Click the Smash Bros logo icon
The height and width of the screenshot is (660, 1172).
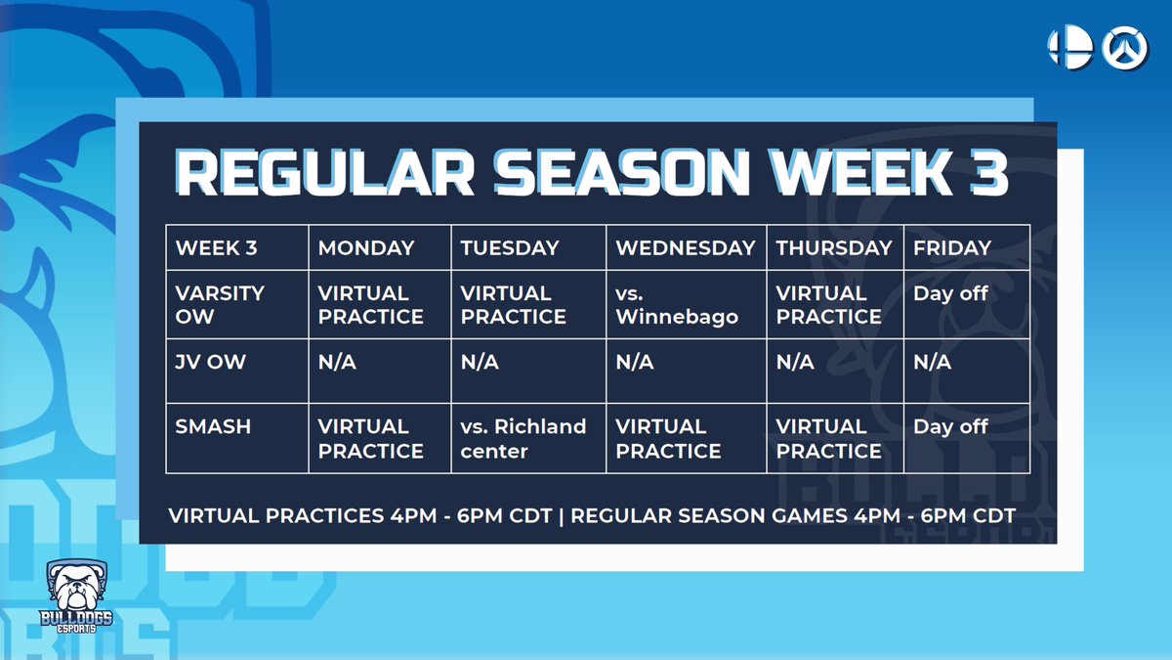tap(1068, 47)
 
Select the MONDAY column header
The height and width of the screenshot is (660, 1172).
tap(366, 248)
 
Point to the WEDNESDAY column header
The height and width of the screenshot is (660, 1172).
tap(686, 248)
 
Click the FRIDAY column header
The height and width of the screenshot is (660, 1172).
tap(952, 248)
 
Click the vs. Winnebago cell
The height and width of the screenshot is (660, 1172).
tap(677, 305)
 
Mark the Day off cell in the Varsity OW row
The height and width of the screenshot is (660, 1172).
tap(950, 293)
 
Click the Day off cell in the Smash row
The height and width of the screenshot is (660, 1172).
tap(950, 427)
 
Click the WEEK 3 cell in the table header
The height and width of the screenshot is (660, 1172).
tap(216, 248)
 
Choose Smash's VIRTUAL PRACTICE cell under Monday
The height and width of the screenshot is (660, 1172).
tap(371, 439)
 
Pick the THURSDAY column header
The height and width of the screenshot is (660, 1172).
tap(834, 248)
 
